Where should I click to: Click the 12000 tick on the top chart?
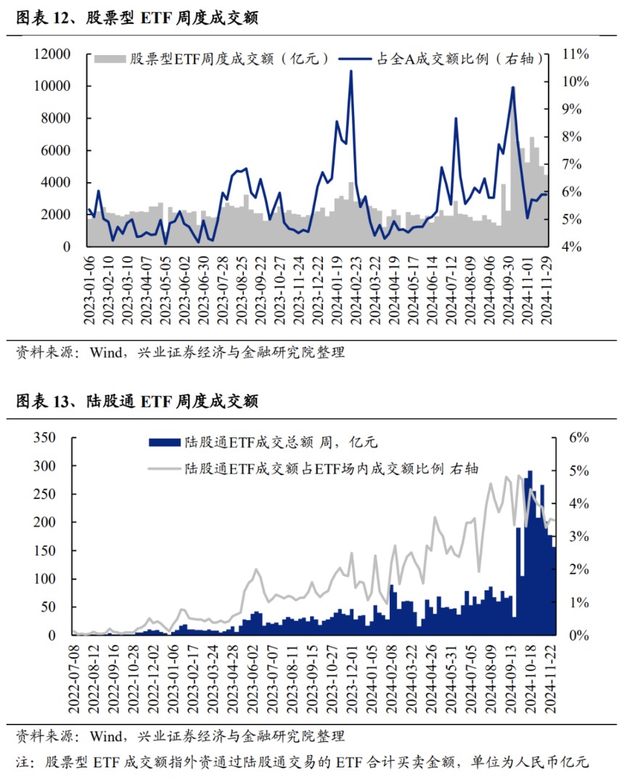point(52,54)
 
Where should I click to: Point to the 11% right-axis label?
point(573,54)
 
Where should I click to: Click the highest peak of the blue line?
point(351,71)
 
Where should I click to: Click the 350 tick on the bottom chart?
point(43,438)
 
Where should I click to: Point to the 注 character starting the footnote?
point(22,762)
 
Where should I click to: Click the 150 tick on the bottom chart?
point(43,551)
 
